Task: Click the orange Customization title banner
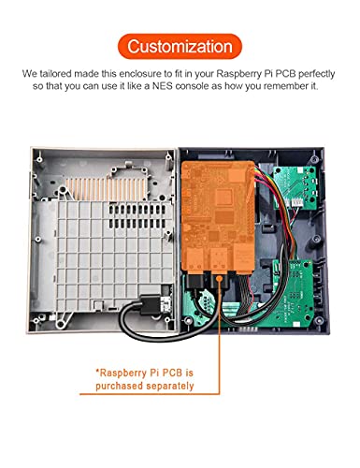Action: pyautogui.click(x=180, y=45)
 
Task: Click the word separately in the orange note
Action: pyautogui.click(x=170, y=386)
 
